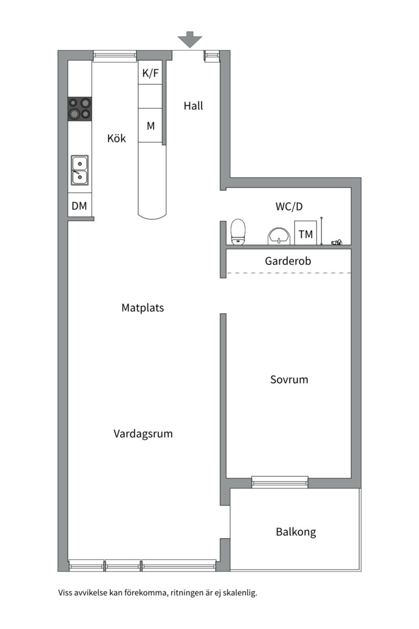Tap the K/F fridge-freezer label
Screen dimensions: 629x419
[x=150, y=73]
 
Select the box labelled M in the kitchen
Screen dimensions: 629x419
[x=150, y=125]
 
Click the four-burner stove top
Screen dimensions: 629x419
[x=80, y=108]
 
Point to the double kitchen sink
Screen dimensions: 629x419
[x=80, y=169]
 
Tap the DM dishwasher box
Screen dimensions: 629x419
[x=79, y=206]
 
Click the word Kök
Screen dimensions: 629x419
[x=116, y=139]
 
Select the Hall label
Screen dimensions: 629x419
[x=193, y=106]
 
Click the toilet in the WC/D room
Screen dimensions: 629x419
[x=238, y=232]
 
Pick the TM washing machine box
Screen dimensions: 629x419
[x=306, y=234]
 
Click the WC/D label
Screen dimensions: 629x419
[x=289, y=206]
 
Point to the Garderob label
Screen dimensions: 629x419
[x=288, y=261]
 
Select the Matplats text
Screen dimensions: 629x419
[x=143, y=308]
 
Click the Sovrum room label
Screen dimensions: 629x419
[x=289, y=380]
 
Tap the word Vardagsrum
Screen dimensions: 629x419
[x=143, y=434]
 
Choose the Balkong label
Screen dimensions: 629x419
[x=296, y=532]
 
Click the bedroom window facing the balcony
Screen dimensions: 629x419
[x=279, y=482]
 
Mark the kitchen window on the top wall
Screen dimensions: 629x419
[x=115, y=56]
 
